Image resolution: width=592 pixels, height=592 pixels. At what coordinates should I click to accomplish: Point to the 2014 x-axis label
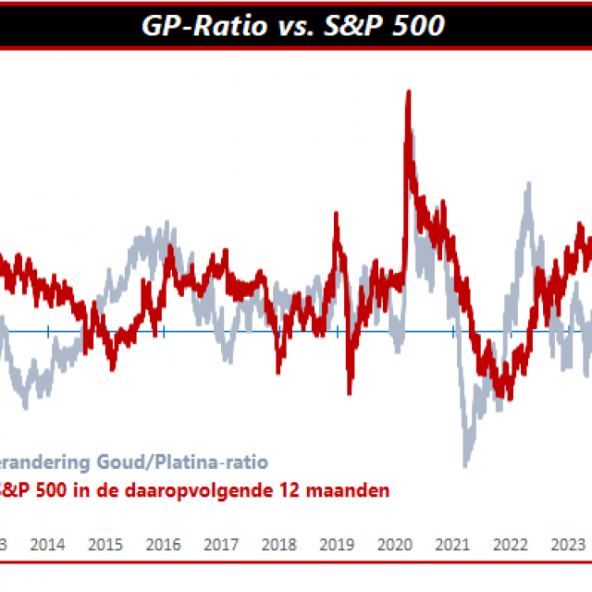coord(47,544)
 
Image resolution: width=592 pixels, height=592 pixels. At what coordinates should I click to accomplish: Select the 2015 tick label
coord(105,544)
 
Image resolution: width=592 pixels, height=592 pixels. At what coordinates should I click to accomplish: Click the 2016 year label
coord(163,544)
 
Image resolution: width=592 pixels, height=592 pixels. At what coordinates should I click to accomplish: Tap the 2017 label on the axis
coord(220,544)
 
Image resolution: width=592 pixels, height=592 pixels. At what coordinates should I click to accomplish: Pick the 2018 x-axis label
coord(277,544)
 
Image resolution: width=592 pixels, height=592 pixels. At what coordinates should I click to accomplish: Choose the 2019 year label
coord(336,544)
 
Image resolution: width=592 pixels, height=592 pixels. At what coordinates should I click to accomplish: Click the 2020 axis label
coord(394,544)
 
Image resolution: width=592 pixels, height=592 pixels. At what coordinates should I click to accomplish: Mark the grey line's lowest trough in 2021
coord(466,462)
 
